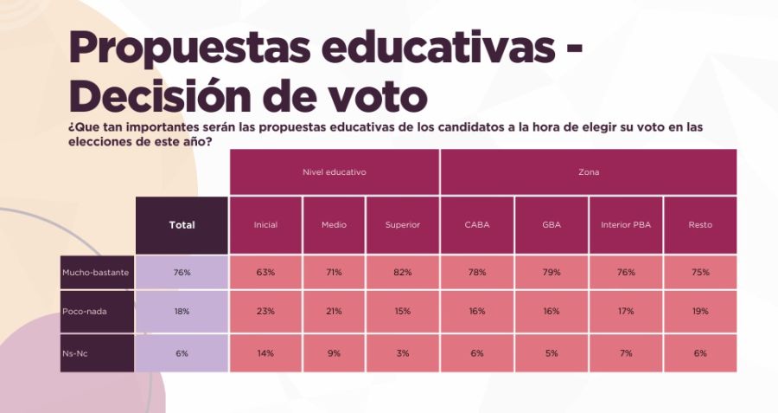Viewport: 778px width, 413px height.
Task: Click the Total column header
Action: coord(182,225)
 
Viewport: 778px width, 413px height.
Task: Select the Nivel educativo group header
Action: coord(334,172)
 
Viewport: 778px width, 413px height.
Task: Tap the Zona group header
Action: coord(589,172)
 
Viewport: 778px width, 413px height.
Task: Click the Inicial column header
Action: coord(265,225)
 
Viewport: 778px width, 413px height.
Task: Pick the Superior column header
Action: coord(403,225)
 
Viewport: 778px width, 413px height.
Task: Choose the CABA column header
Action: coord(477,225)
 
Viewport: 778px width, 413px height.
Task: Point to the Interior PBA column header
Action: coord(626,225)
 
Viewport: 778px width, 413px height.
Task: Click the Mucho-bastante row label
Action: coord(96,273)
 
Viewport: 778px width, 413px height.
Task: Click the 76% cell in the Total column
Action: coord(182,273)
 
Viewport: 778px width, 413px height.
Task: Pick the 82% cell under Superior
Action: coord(403,273)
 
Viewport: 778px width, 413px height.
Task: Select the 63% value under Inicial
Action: coord(265,273)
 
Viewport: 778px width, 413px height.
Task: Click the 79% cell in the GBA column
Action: coord(552,273)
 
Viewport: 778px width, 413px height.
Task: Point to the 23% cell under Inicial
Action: coord(265,311)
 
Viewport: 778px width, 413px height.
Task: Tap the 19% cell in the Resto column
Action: coord(700,311)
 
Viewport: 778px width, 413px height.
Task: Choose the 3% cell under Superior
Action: coord(403,352)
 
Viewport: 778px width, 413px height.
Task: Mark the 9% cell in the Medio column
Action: coord(334,352)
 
